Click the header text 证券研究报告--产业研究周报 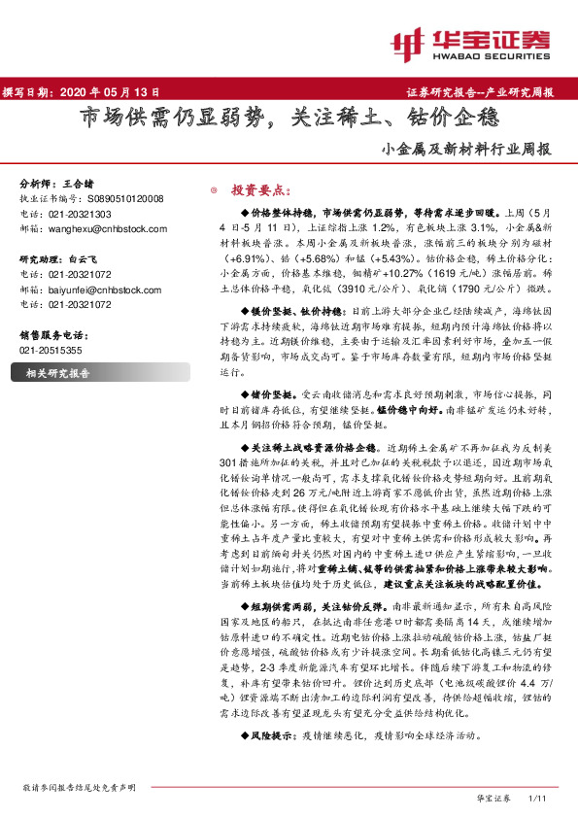pyautogui.click(x=479, y=93)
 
